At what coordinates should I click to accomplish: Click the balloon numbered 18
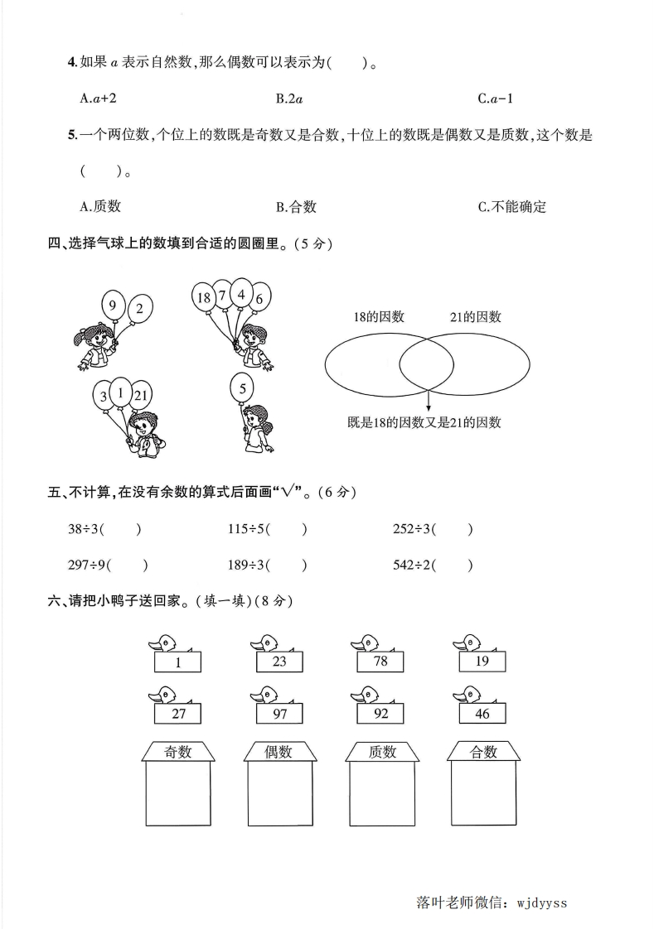pos(203,296)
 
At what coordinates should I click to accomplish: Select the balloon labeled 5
pos(242,387)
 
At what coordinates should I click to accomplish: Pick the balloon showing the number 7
pos(221,294)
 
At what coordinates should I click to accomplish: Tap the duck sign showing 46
pos(482,713)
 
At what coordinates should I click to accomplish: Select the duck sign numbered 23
pos(279,661)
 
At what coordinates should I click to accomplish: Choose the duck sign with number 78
pos(380,661)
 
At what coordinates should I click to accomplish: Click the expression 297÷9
pos(86,566)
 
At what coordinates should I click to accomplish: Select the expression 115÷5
pos(247,529)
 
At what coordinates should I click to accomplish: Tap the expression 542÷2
pos(412,566)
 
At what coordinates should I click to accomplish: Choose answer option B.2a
pos(288,99)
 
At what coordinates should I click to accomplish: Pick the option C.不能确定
pos(511,207)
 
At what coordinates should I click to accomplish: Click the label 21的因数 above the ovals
pos(475,316)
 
